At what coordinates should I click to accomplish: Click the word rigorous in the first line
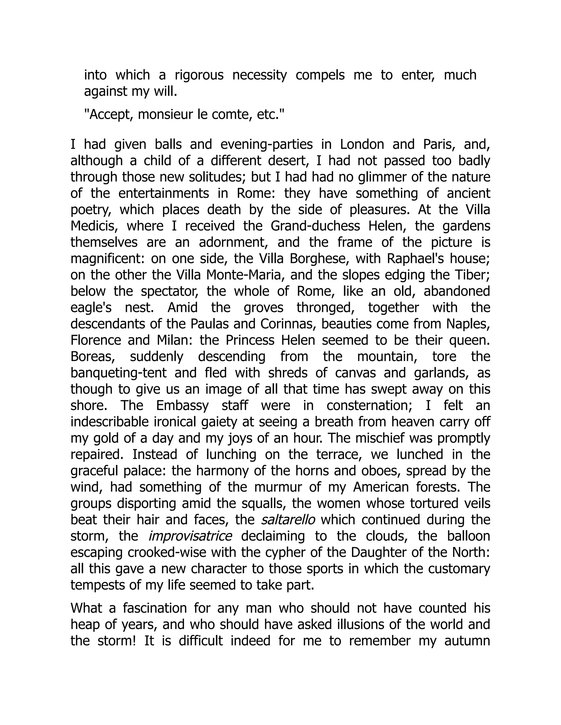point(199,75)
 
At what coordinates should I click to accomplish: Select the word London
point(362,144)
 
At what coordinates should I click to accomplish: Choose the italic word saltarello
point(288,520)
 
